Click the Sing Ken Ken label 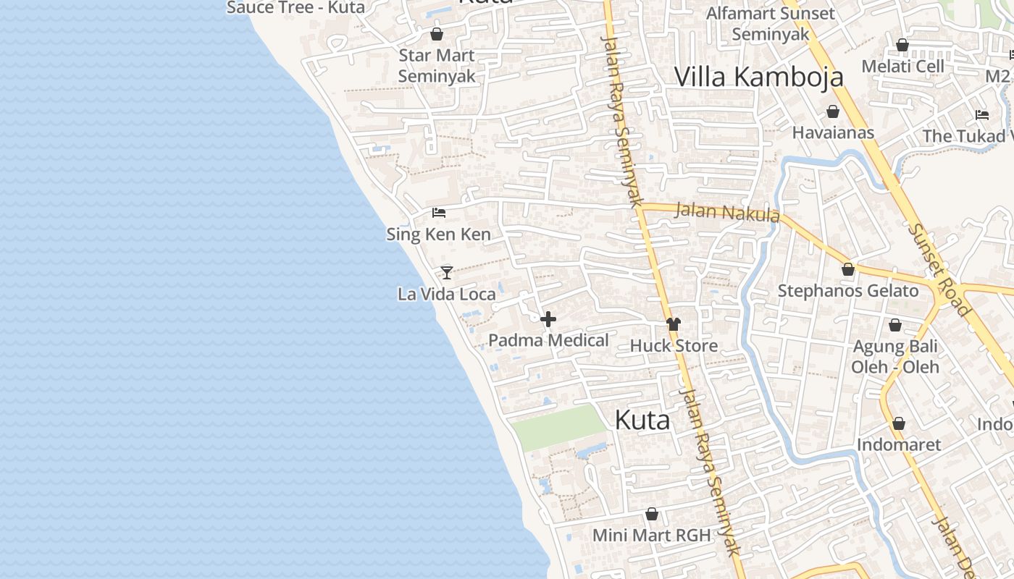438,234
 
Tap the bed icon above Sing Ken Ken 438,213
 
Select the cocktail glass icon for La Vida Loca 447,272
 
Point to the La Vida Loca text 447,294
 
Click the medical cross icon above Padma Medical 548,319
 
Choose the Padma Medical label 548,340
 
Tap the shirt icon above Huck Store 674,324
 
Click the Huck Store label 674,346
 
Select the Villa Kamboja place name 759,77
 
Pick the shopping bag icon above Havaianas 833,111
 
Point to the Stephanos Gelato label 848,291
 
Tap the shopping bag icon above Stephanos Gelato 848,269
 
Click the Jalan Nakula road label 727,212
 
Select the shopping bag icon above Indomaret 899,423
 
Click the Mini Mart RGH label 652,536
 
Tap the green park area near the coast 558,427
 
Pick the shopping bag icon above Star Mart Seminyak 437,34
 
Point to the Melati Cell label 902,67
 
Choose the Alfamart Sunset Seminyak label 771,23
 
